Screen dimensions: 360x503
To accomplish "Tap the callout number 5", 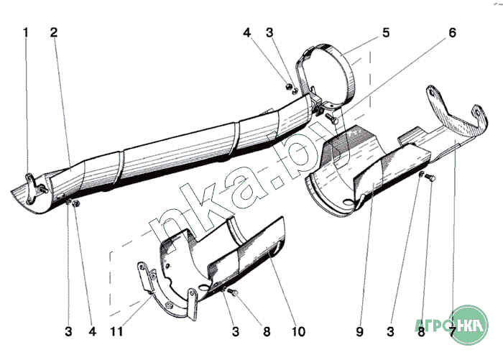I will pos(386,32).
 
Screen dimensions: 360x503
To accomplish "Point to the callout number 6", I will pos(452,32).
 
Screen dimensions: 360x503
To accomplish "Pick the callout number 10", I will pos(298,332).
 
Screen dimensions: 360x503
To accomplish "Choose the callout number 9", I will pos(359,332).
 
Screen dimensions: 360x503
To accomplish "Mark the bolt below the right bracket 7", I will pos(430,177).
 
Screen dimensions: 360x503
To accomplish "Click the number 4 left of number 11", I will pos(92,332).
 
